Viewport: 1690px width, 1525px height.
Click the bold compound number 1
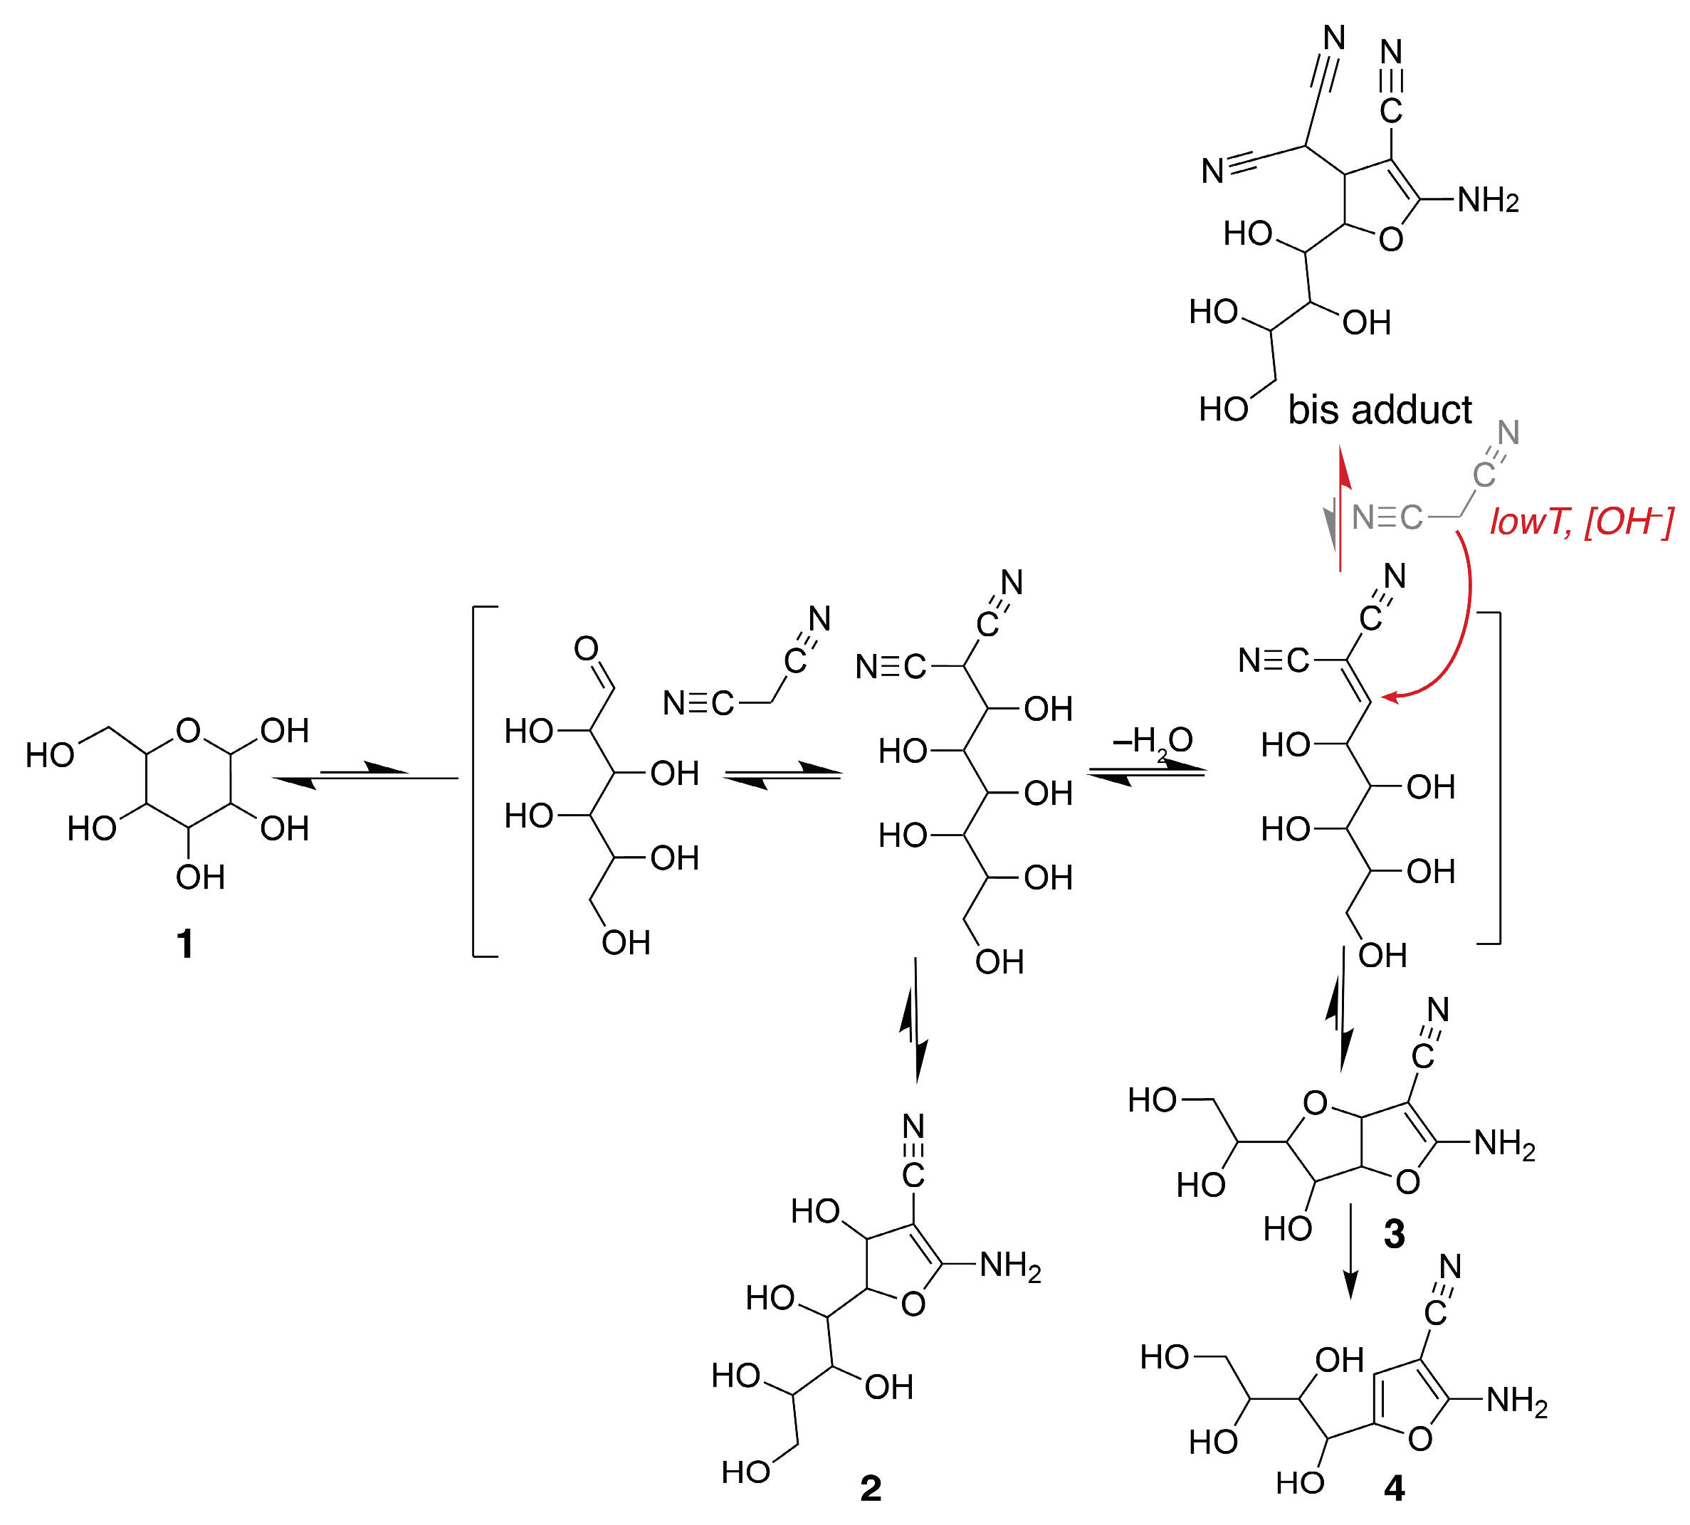pos(185,944)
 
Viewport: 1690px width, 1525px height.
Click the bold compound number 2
pos(871,1488)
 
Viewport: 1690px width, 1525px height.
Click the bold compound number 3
pos(1394,1233)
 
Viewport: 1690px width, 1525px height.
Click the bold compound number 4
pos(1394,1488)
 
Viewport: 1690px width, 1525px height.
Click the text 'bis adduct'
pos(1380,410)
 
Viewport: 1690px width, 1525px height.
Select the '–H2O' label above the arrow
pos(1152,741)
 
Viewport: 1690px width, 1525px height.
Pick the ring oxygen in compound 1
pos(189,731)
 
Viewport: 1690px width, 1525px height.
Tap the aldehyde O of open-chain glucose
pos(587,648)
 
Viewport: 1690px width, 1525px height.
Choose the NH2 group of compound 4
pos(1516,1400)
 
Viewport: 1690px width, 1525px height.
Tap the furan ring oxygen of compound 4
pos(1420,1440)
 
